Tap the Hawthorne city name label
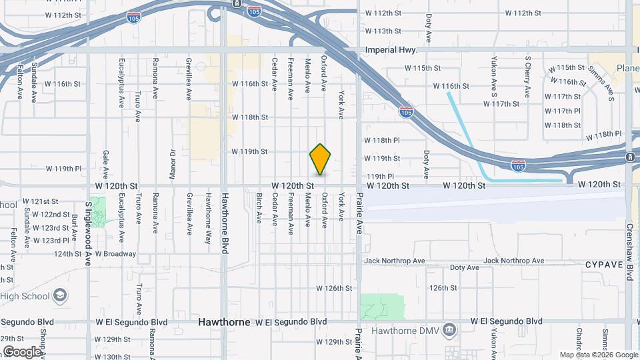pyautogui.click(x=224, y=322)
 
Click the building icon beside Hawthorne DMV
pyautogui.click(x=450, y=329)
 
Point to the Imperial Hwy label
pyautogui.click(x=391, y=50)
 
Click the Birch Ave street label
pyautogui.click(x=259, y=208)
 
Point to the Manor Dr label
pyautogui.click(x=172, y=159)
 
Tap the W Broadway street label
pyautogui.click(x=115, y=254)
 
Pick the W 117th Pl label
pyautogui.click(x=562, y=111)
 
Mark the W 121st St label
pyautogui.click(x=41, y=201)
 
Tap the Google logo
pyautogui.click(x=22, y=351)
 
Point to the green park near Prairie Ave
pyautogui.click(x=382, y=307)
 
